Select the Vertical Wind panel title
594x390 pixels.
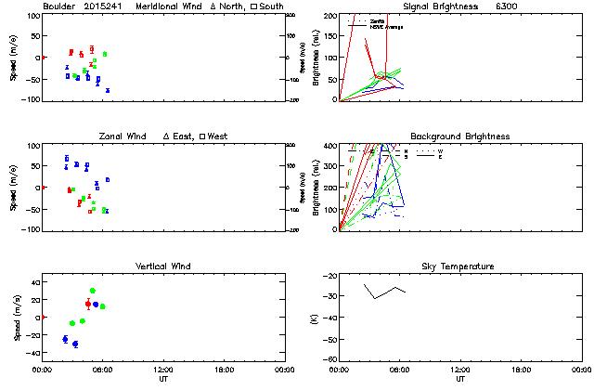(161, 266)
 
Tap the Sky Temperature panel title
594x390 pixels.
(459, 266)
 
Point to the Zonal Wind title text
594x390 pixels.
(125, 136)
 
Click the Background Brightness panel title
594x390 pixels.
(459, 136)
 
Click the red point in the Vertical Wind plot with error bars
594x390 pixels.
(88, 304)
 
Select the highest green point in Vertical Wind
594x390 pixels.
(93, 291)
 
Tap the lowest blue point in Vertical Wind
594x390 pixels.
(75, 344)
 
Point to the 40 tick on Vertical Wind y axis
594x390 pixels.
(33, 281)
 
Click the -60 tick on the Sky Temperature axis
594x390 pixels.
(328, 354)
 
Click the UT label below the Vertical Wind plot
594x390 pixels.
(162, 379)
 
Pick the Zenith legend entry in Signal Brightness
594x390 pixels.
(378, 19)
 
